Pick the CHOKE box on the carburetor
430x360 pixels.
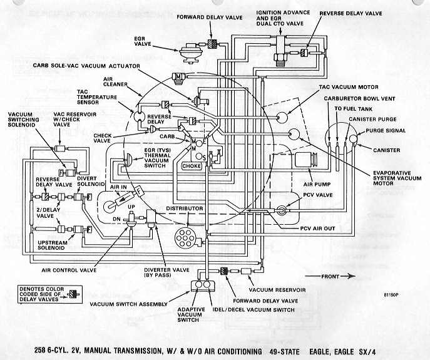pyautogui.click(x=192, y=166)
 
